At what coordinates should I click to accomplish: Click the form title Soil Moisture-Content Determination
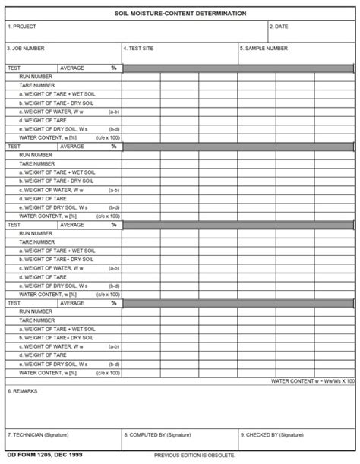tap(180, 13)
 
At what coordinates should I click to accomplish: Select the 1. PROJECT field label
tap(22, 27)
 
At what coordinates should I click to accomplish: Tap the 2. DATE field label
tap(279, 27)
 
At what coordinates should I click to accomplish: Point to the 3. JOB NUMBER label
tap(27, 48)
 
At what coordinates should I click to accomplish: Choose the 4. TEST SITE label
tap(139, 48)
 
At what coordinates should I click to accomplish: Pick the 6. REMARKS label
tap(21, 391)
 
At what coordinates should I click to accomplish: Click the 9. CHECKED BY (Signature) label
tap(271, 435)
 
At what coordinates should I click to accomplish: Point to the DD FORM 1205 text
tap(25, 454)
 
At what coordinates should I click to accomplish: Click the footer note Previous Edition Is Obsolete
tap(194, 455)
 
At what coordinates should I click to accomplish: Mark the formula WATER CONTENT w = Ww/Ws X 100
tap(313, 380)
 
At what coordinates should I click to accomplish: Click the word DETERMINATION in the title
tap(219, 13)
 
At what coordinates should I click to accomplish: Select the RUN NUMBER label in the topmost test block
tap(36, 77)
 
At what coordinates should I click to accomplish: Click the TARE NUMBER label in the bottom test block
tap(36, 320)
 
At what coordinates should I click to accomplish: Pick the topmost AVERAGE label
tap(72, 68)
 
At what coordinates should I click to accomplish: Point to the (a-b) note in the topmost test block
tap(114, 111)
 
